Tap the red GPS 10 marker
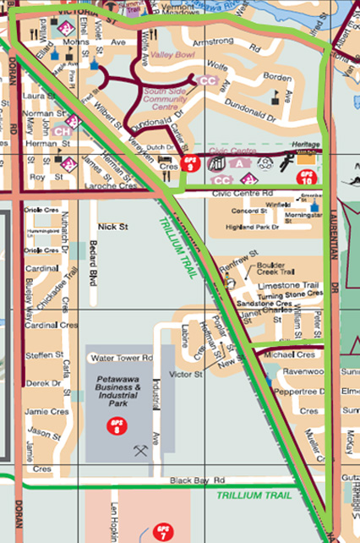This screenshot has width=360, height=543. click(307, 177)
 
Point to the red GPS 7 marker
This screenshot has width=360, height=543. click(163, 533)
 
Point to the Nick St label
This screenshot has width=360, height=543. click(112, 228)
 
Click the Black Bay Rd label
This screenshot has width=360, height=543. click(188, 480)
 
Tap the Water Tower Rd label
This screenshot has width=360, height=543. click(120, 358)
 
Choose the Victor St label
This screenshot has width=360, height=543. click(184, 373)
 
